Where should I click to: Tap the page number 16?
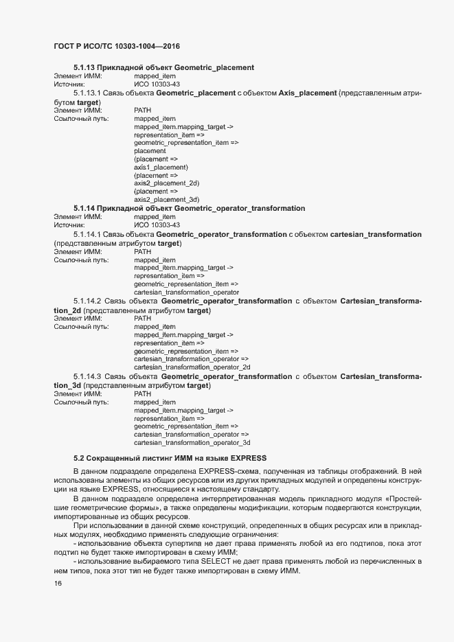point(58,584)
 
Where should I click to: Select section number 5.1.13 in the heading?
point(84,67)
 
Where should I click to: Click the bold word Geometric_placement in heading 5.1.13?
point(214,67)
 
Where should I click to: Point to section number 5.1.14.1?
point(87,233)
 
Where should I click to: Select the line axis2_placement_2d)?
point(166,183)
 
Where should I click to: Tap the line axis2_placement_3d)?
point(166,199)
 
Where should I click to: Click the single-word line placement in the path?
point(150,151)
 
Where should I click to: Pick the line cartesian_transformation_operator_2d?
point(192,367)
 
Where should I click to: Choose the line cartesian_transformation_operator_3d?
point(192,443)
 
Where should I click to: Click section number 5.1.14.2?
point(87,301)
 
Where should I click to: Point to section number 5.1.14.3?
point(87,377)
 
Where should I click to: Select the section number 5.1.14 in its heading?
point(84,208)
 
